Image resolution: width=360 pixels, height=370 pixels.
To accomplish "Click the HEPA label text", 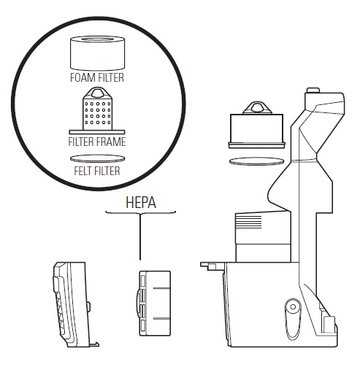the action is (141, 202).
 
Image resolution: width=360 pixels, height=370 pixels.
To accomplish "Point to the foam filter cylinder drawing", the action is (97, 53).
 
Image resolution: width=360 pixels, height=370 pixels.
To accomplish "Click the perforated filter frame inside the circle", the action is (97, 111).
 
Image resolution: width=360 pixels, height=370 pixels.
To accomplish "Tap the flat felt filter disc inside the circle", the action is (97, 158).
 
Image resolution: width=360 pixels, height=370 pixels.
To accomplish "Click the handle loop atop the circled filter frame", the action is (97, 93).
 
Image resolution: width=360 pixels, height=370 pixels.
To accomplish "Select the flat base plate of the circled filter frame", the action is (97, 132).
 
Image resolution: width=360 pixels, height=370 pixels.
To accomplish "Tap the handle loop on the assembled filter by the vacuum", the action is (257, 108).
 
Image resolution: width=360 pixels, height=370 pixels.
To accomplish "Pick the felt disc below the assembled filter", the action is (257, 161).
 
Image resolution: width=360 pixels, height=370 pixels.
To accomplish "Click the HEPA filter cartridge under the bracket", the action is (153, 303).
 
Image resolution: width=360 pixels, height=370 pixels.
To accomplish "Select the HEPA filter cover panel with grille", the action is (71, 304).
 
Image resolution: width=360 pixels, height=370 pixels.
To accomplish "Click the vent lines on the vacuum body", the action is (248, 222).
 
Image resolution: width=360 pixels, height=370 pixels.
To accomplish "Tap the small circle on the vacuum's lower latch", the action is (293, 307).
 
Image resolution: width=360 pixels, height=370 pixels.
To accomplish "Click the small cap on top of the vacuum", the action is (313, 90).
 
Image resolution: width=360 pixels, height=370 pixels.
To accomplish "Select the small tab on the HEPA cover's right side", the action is (88, 307).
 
